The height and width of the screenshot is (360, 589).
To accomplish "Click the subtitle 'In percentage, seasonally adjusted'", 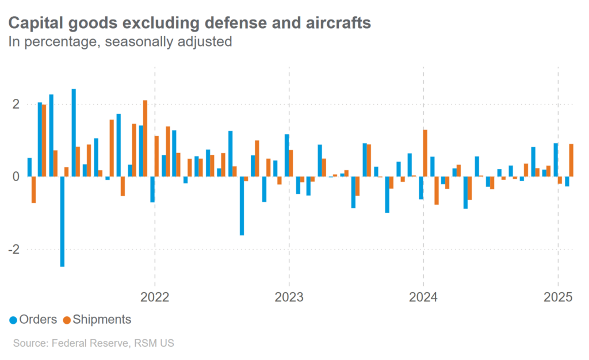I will (119, 42).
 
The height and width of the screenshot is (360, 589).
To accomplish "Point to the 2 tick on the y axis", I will (16, 104).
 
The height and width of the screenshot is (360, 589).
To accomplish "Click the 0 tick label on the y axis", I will (16, 177).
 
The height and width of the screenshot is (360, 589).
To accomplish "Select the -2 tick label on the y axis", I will (14, 250).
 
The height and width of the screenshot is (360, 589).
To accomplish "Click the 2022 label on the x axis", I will (154, 297).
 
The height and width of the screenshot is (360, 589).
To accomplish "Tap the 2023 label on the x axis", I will (289, 297).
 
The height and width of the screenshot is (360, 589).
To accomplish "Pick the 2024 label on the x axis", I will (423, 297).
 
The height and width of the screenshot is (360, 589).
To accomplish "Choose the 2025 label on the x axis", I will (557, 297).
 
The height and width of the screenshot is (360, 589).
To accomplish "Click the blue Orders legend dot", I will (13, 320).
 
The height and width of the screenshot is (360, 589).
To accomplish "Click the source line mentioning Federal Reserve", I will (93, 343).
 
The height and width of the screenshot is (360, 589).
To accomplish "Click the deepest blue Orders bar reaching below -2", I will (62, 221).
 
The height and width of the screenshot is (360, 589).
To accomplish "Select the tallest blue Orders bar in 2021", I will (74, 132).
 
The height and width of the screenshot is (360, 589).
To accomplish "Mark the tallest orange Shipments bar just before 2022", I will (145, 138).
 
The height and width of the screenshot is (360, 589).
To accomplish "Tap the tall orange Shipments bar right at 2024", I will (425, 153).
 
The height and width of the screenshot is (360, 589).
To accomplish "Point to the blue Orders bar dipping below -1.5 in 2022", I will (242, 206).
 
